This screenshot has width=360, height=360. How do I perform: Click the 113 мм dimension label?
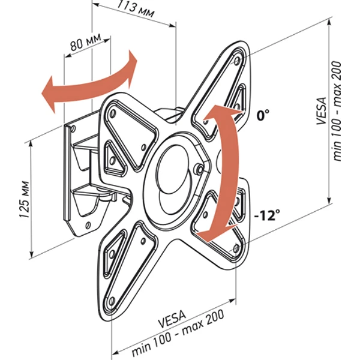tap(136, 9)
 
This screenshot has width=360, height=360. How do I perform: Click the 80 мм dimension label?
tap(86, 42)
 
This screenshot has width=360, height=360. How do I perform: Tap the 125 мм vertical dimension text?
tap(25, 200)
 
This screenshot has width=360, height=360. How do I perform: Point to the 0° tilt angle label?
tap(263, 115)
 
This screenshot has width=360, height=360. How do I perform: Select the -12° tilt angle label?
tap(267, 215)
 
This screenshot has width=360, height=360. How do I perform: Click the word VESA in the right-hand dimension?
tap(322, 111)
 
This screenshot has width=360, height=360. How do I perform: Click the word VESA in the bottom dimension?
tap(172, 319)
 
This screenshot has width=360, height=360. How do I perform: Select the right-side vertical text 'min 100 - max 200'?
tap(337, 111)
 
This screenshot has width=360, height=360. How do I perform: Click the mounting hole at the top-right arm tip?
tap(237, 61)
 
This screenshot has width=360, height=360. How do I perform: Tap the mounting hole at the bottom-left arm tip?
tap(112, 301)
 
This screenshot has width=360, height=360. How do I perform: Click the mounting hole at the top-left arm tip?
tap(113, 113)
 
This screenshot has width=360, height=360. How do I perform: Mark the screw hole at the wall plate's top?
tap(73, 128)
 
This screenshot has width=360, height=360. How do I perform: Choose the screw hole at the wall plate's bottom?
tap(87, 225)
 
